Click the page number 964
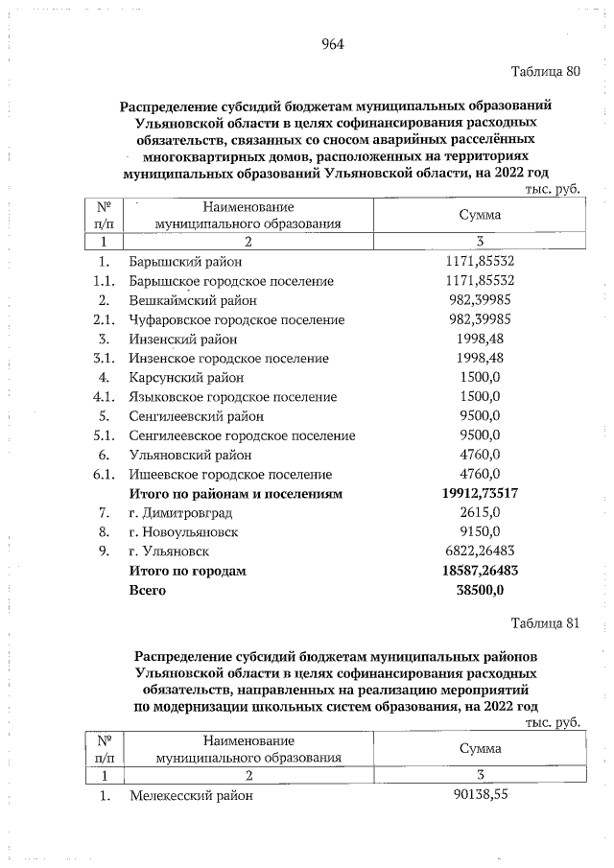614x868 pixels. tap(332, 44)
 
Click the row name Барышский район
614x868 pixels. tap(185, 261)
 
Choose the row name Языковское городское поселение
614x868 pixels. tap(232, 396)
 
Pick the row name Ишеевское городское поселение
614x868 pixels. tap(230, 474)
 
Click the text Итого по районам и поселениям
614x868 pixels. tap(236, 493)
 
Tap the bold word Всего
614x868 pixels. tap(148, 590)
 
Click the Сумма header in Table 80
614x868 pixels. tap(480, 215)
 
